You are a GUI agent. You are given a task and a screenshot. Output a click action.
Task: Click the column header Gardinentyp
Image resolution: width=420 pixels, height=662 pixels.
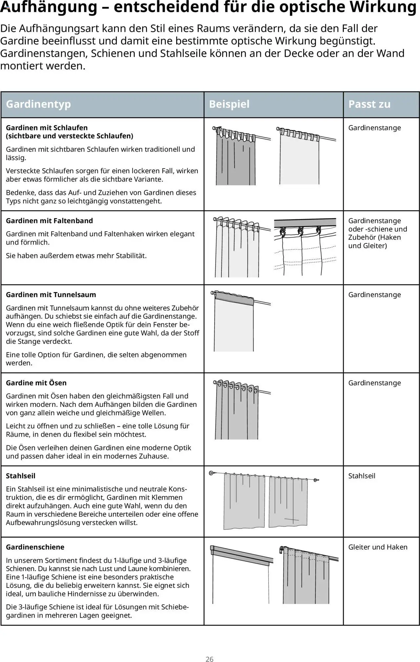point(38,104)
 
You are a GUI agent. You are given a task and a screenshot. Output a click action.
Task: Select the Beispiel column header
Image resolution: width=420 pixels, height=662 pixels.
point(229,104)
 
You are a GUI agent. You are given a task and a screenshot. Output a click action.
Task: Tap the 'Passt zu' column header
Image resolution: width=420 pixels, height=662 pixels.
point(369,104)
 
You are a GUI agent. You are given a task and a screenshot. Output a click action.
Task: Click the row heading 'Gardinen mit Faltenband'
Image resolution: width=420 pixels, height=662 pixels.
point(49,221)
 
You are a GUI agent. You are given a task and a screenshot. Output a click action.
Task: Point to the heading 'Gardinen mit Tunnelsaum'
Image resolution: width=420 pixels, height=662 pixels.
point(51,295)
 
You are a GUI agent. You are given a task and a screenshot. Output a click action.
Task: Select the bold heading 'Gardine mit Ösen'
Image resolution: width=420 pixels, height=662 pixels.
point(36,383)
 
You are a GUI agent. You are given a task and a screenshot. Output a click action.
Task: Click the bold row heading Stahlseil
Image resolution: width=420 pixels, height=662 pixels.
point(20,476)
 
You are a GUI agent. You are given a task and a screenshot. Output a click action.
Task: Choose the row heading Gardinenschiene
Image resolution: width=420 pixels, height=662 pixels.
point(35,547)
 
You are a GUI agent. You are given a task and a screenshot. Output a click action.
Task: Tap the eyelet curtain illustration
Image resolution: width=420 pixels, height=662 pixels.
point(236,412)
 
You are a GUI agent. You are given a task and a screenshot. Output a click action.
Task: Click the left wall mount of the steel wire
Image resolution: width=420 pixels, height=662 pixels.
point(212,473)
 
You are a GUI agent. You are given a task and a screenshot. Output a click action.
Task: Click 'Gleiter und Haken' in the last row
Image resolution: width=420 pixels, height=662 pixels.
point(378,547)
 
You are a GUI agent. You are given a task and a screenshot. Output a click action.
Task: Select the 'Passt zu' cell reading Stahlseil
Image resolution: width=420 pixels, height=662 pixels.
point(362,476)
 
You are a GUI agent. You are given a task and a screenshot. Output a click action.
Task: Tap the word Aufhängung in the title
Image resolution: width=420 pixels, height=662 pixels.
point(49,7)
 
